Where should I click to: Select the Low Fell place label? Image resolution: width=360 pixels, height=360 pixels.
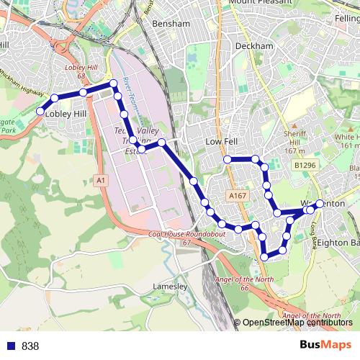tap(221, 143)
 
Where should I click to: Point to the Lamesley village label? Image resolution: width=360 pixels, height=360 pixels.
tap(171, 287)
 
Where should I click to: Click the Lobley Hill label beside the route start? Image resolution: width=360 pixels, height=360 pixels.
tap(66, 114)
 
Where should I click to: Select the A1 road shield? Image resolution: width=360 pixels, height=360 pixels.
tap(100, 179)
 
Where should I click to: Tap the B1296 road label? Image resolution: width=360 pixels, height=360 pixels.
tap(305, 166)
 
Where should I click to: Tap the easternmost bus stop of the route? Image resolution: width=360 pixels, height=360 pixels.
tap(320, 204)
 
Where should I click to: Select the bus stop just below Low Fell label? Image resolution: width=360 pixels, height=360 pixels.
tap(228, 159)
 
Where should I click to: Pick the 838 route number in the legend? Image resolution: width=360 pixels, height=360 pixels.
tap(30, 346)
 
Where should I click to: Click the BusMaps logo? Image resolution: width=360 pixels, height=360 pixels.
tap(325, 345)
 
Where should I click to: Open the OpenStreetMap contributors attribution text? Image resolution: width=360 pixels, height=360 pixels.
tap(297, 323)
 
